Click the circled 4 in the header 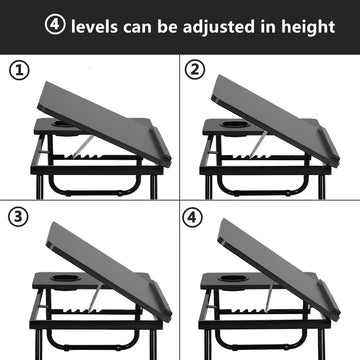[55, 24]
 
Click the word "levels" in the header [94, 26]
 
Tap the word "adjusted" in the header [218, 27]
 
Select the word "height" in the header [308, 27]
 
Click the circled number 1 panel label [19, 70]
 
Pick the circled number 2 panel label [196, 70]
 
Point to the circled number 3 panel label [18, 217]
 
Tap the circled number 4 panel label [192, 218]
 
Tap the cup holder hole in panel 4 [229, 278]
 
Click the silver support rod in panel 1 [83, 146]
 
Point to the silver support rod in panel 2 [258, 144]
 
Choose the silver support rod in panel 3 [96, 297]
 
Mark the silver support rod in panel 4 [269, 296]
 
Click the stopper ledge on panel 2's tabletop [329, 146]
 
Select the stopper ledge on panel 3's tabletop [161, 300]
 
